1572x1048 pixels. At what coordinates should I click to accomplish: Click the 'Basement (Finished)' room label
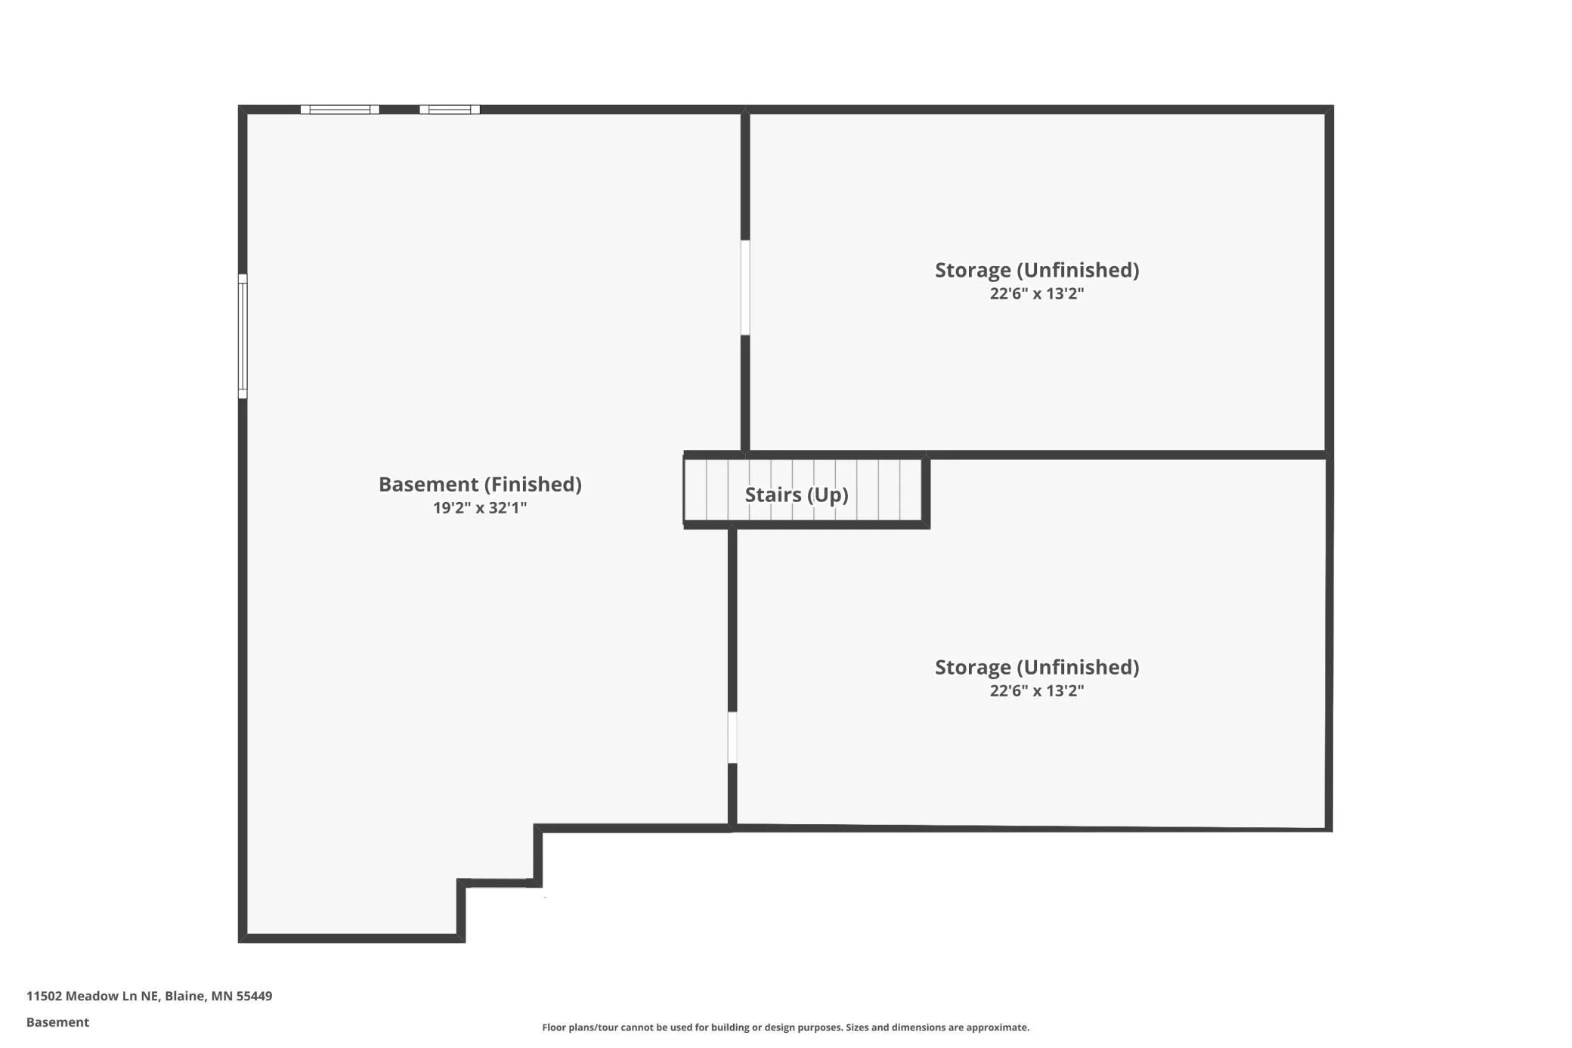tap(480, 485)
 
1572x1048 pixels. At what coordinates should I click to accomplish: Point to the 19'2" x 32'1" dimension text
tap(480, 507)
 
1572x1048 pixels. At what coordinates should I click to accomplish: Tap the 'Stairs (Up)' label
tap(797, 495)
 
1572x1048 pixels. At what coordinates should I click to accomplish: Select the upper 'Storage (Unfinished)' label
tap(1037, 270)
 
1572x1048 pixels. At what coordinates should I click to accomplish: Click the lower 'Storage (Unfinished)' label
tap(1037, 667)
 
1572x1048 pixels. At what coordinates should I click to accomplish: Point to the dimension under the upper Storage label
tap(1037, 293)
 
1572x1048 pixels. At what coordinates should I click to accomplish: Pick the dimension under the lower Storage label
tap(1037, 690)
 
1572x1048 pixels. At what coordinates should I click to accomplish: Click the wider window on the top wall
tap(340, 110)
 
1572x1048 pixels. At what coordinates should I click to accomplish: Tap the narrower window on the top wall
tap(450, 110)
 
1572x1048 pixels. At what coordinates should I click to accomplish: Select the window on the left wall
tap(243, 336)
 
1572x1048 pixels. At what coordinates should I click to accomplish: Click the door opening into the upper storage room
tap(745, 287)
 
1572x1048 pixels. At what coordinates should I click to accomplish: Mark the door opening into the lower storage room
tap(732, 737)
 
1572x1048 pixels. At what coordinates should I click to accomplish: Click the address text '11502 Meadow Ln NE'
tap(93, 996)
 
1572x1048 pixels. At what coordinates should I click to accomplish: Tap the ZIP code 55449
tap(254, 996)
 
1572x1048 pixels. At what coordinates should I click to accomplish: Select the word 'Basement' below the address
tap(57, 1022)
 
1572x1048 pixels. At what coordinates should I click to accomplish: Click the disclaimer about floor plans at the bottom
tap(785, 1027)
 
